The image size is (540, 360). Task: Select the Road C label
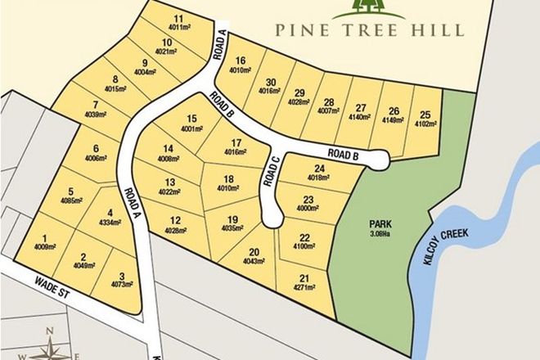point(272,173)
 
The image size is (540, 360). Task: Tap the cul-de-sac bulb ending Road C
point(269,217)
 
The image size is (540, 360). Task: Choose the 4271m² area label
point(305,289)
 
